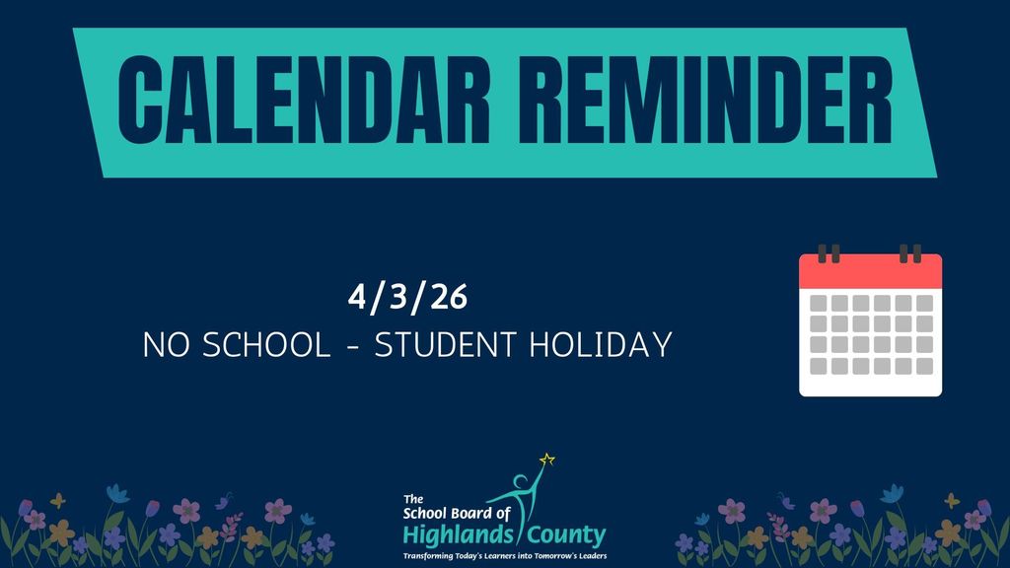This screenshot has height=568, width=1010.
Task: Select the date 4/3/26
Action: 406,295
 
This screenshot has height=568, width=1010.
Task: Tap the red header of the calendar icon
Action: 870,271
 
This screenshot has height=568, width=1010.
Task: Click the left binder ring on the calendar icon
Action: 830,253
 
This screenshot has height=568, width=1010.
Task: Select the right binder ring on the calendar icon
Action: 910,253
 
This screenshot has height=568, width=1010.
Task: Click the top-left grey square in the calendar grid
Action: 818,303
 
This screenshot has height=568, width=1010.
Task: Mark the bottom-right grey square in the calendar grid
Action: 924,367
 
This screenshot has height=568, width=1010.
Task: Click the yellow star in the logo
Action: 547,459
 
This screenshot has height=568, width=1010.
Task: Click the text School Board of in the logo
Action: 458,514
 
